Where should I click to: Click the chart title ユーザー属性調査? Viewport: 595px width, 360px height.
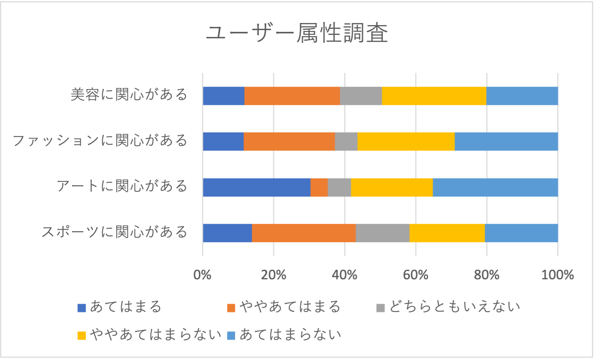click(x=297, y=33)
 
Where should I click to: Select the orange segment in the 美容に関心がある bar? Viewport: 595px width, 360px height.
click(x=292, y=96)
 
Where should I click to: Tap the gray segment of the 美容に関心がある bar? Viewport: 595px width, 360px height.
click(x=360, y=96)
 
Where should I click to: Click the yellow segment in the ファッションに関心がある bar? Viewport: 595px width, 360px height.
click(x=406, y=141)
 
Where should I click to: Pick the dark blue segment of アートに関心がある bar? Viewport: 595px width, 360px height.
click(x=256, y=187)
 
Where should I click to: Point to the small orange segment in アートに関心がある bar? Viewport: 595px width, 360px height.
click(x=319, y=187)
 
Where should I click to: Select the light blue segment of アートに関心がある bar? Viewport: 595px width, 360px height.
click(x=495, y=187)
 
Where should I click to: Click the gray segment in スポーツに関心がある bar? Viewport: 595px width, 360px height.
click(x=382, y=233)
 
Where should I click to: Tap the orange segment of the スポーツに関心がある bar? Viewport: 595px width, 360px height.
click(x=303, y=233)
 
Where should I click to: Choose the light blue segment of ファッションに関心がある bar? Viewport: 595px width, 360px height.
click(x=506, y=141)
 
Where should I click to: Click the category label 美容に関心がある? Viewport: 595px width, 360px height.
click(x=129, y=95)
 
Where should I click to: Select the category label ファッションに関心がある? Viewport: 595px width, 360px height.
click(x=100, y=140)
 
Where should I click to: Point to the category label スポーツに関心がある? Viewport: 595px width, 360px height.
click(x=114, y=232)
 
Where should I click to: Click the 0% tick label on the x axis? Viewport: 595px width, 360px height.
click(x=202, y=275)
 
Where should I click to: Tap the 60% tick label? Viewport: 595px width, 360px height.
click(x=415, y=275)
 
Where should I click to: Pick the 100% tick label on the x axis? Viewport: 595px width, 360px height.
click(x=557, y=275)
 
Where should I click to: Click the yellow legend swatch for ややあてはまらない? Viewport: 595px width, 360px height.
click(x=82, y=336)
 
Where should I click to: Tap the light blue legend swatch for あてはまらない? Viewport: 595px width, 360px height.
click(x=231, y=336)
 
